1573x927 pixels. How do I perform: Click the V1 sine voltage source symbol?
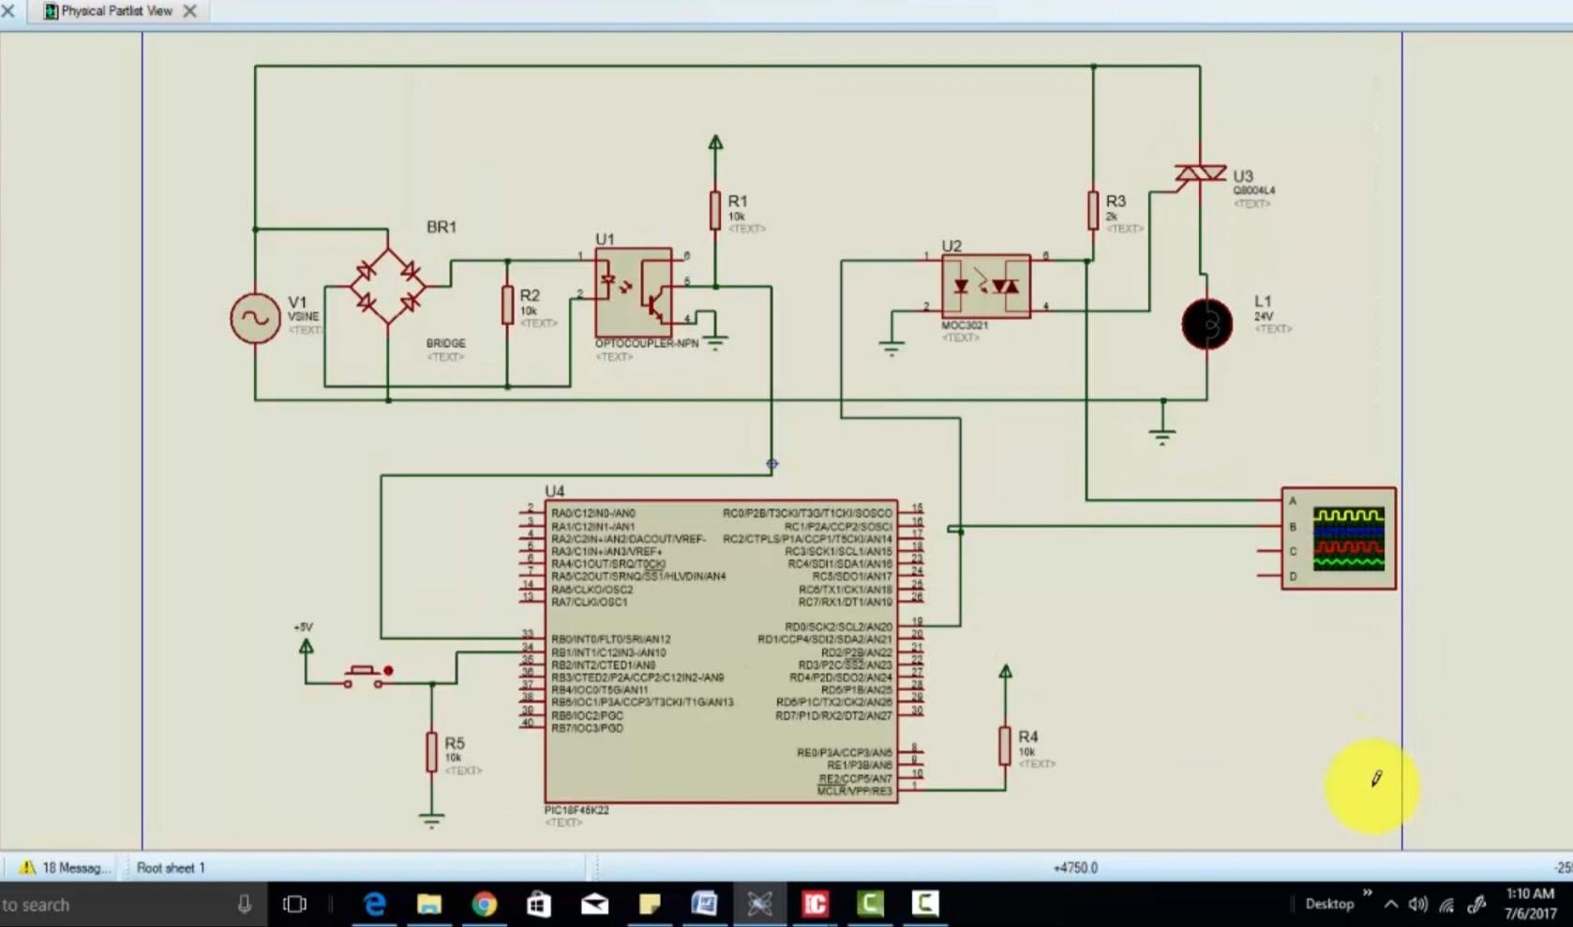[255, 319]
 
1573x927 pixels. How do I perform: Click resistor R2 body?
[507, 306]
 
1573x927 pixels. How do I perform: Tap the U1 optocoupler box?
[634, 292]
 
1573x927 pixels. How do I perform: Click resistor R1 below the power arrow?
[715, 211]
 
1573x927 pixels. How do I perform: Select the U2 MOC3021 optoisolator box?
[985, 286]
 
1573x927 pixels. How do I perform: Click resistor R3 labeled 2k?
[1093, 211]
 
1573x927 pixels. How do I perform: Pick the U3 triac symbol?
[1200, 174]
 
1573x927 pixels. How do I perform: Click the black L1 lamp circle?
[1207, 324]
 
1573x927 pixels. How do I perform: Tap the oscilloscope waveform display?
[1348, 539]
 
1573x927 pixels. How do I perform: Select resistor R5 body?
[431, 752]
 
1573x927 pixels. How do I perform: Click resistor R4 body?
[1005, 746]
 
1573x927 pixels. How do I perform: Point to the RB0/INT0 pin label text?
[610, 639]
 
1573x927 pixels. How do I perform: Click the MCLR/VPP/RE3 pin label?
[855, 791]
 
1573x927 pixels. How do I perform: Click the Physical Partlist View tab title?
[116, 11]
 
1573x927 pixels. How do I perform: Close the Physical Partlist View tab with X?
[189, 11]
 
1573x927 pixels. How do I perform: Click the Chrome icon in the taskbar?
[484, 904]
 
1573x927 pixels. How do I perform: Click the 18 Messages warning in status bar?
[66, 868]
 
